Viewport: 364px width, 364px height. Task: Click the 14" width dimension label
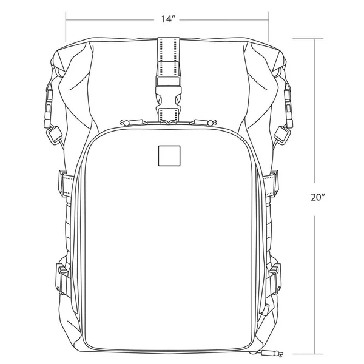click(168, 19)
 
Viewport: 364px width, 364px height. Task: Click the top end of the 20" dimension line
click(315, 38)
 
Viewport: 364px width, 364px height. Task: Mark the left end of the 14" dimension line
click(66, 19)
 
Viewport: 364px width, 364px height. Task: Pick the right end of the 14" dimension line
click(269, 19)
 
